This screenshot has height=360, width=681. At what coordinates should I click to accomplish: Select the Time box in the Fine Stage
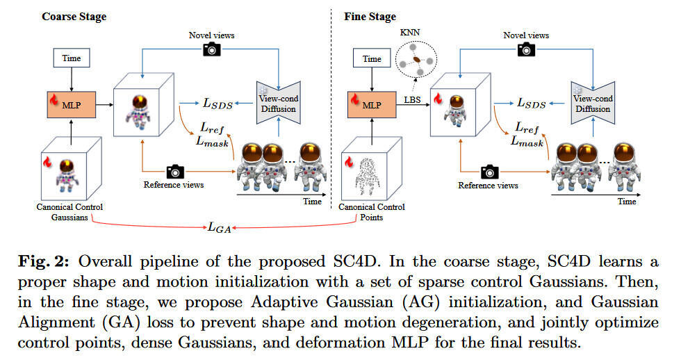[x=372, y=59]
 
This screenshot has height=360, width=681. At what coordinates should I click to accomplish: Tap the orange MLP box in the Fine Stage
[x=372, y=104]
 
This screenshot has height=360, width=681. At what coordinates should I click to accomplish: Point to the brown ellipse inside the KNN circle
[x=416, y=61]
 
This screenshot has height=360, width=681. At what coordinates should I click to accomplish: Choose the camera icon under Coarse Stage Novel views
[x=211, y=49]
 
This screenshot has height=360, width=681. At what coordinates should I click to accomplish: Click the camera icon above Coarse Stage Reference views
[x=174, y=170]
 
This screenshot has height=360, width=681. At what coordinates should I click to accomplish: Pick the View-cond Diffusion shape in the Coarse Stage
[x=277, y=104]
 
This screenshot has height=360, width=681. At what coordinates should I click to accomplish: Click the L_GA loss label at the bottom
[x=220, y=227]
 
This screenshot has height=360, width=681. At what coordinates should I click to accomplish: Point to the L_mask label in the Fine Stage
[x=527, y=140]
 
